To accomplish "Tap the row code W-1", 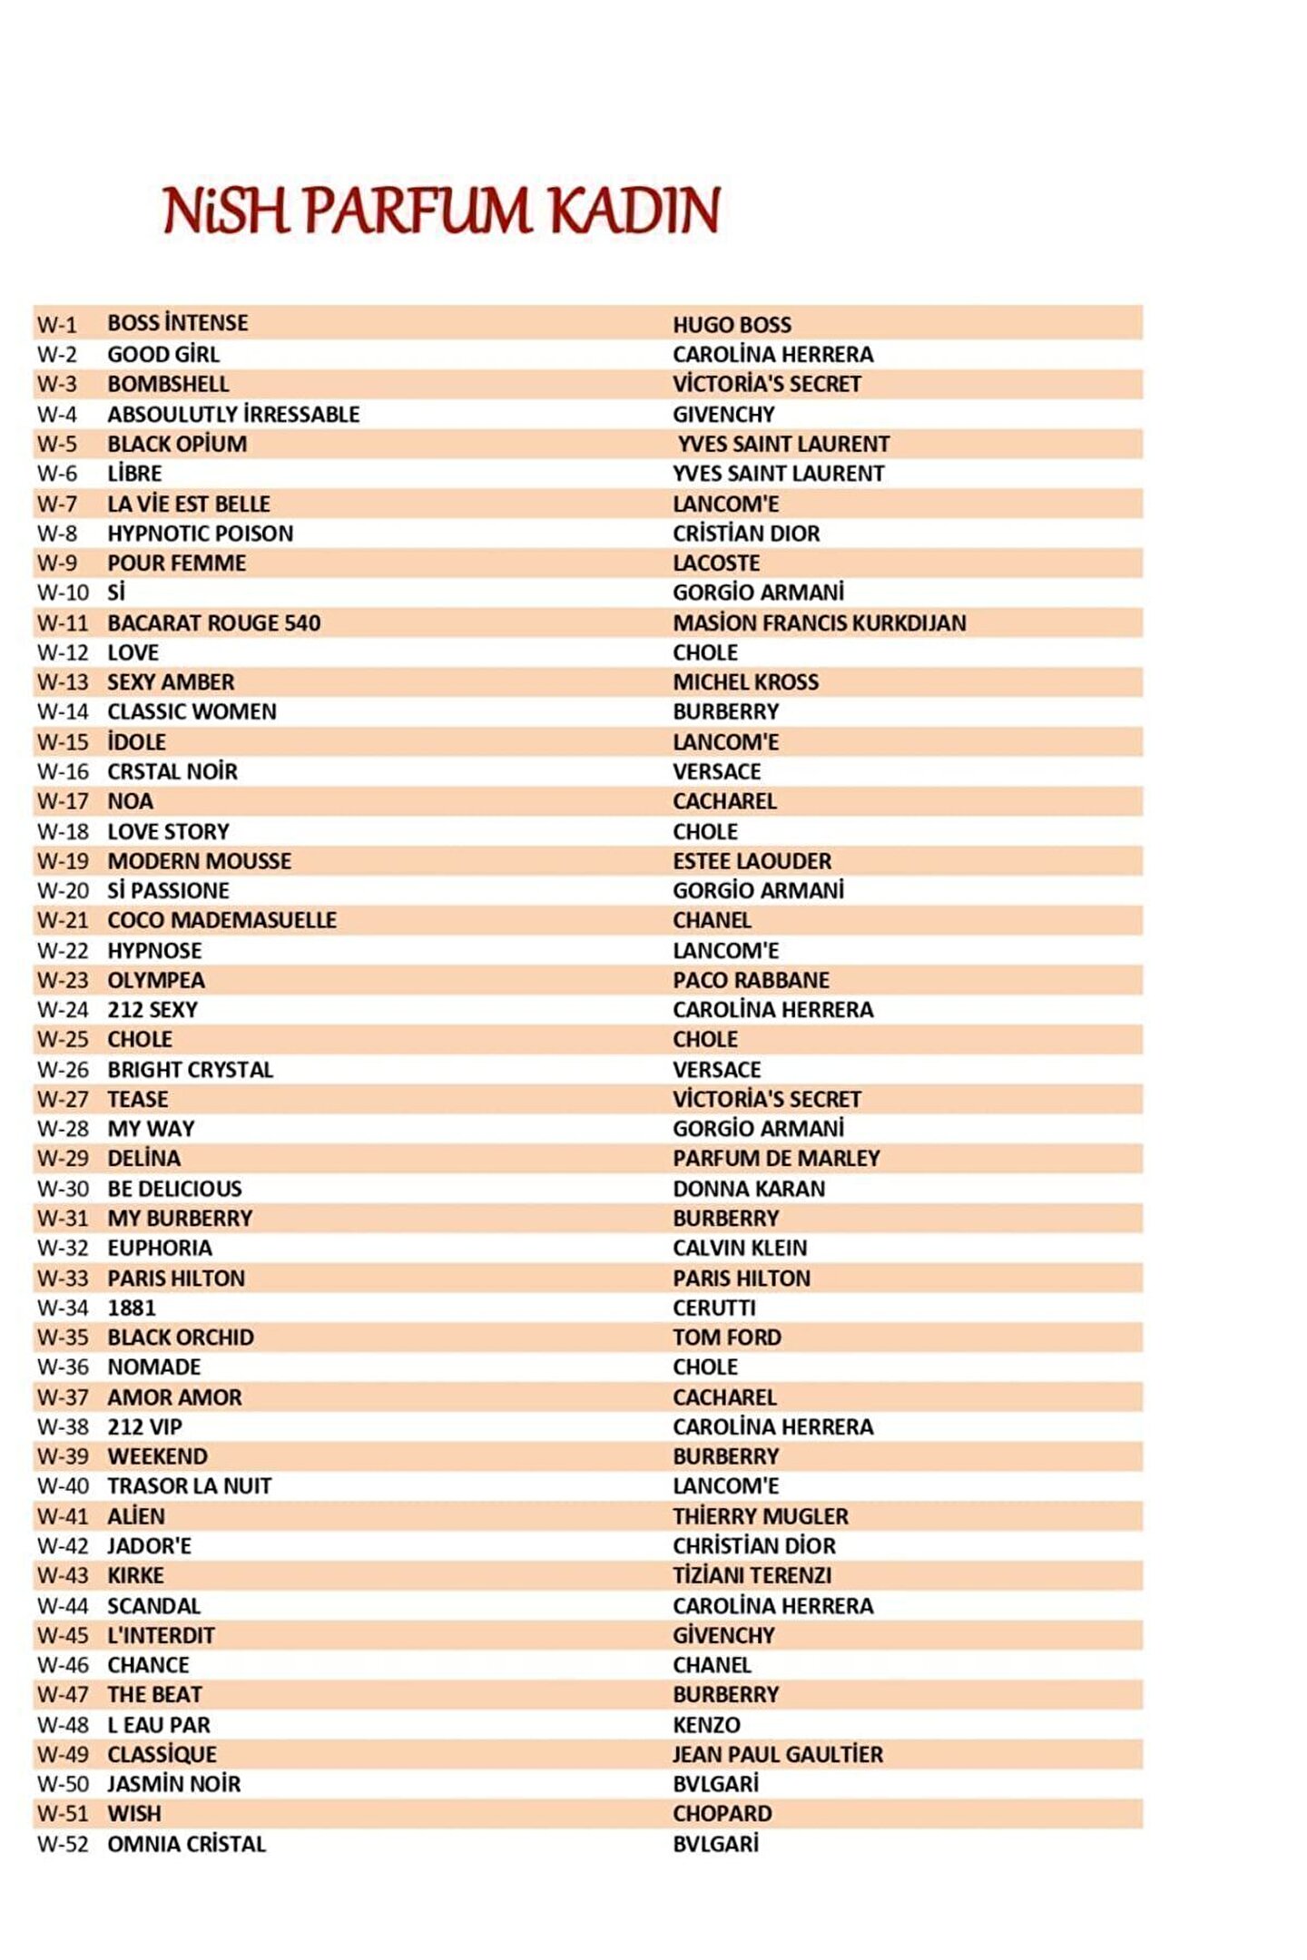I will point(57,325).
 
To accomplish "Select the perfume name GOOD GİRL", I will point(163,355).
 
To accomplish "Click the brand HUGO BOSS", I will point(732,325).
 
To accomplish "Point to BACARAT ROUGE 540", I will point(214,623).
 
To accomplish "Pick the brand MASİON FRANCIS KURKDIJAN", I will point(819,623).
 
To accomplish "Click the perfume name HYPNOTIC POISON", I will point(201,534).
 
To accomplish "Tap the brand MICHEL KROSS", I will point(745,682).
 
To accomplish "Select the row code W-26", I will point(63,1070).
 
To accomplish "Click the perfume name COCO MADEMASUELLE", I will point(222,921).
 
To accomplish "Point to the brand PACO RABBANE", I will point(751,981).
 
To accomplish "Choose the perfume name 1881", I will point(132,1308).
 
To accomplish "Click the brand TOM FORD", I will point(726,1338).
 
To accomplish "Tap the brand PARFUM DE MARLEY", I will point(776,1159).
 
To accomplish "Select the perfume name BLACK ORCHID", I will point(181,1338).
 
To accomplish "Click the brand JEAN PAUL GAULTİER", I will point(777,1755).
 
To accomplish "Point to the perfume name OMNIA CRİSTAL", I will point(187,1845).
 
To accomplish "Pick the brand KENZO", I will point(706,1725).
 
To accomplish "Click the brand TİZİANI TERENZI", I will point(752,1576).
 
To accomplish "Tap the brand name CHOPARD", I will point(722,1814).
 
